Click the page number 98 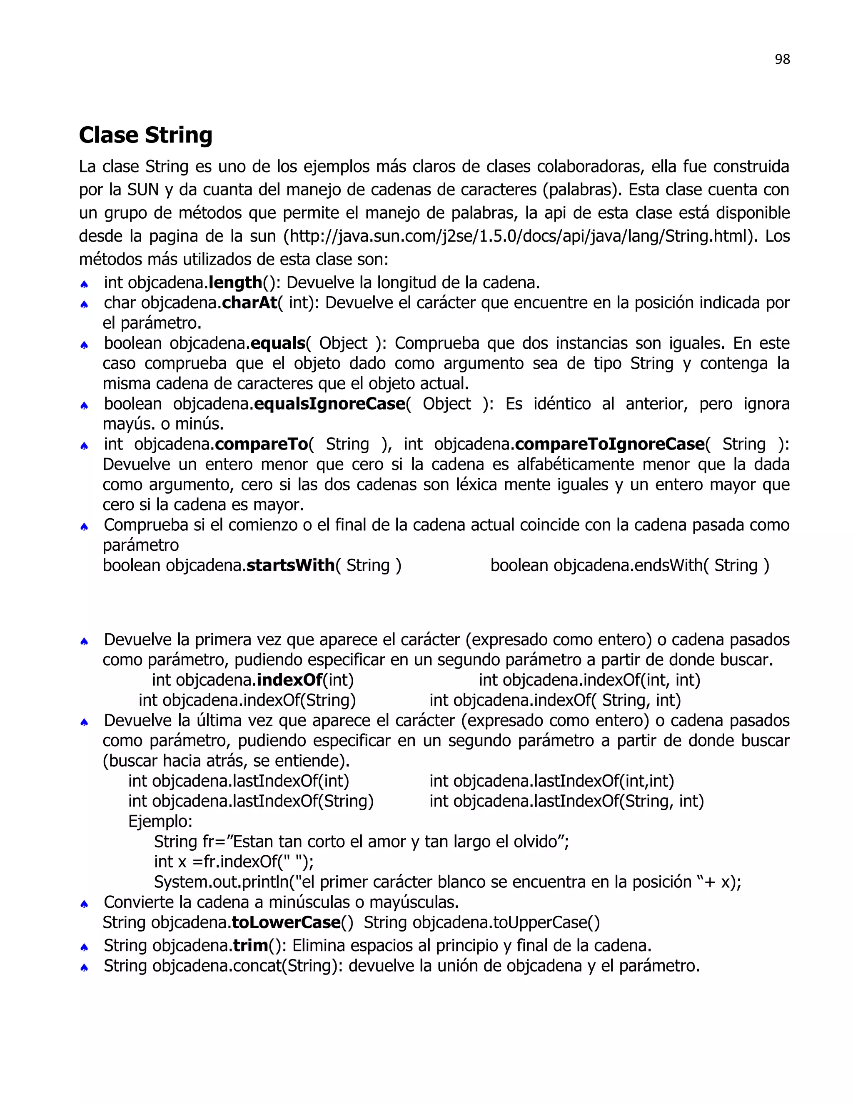click(782, 59)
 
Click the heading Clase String click(145, 135)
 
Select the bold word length click(235, 282)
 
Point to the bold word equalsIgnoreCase click(329, 403)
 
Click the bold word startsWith click(290, 565)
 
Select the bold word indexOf click(289, 680)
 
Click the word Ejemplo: click(160, 822)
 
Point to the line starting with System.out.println click(447, 882)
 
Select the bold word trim click(251, 945)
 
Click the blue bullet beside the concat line click(85, 967)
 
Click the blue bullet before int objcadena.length click(85, 285)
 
